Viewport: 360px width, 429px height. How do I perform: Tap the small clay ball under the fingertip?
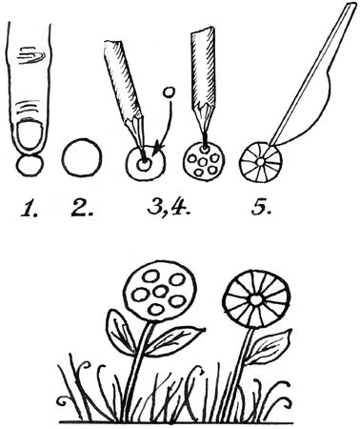pyautogui.click(x=30, y=165)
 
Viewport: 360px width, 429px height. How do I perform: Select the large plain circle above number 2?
pyautogui.click(x=82, y=157)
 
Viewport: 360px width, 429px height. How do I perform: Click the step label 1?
pyautogui.click(x=30, y=209)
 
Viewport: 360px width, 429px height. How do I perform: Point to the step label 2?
pyautogui.click(x=82, y=209)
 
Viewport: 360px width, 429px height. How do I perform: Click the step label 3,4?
pyautogui.click(x=169, y=209)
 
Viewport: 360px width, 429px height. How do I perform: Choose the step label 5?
pyautogui.click(x=261, y=209)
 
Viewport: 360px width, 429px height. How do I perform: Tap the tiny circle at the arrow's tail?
pyautogui.click(x=170, y=92)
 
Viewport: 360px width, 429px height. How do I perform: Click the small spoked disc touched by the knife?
pyautogui.click(x=260, y=162)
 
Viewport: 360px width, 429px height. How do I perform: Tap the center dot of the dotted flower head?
pyautogui.click(x=161, y=291)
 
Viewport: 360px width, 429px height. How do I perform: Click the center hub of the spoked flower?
pyautogui.click(x=255, y=299)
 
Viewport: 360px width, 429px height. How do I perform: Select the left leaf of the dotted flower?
pyautogui.click(x=121, y=332)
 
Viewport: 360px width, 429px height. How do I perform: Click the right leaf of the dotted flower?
pyautogui.click(x=174, y=341)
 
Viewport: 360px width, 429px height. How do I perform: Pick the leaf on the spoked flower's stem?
pyautogui.click(x=270, y=347)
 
